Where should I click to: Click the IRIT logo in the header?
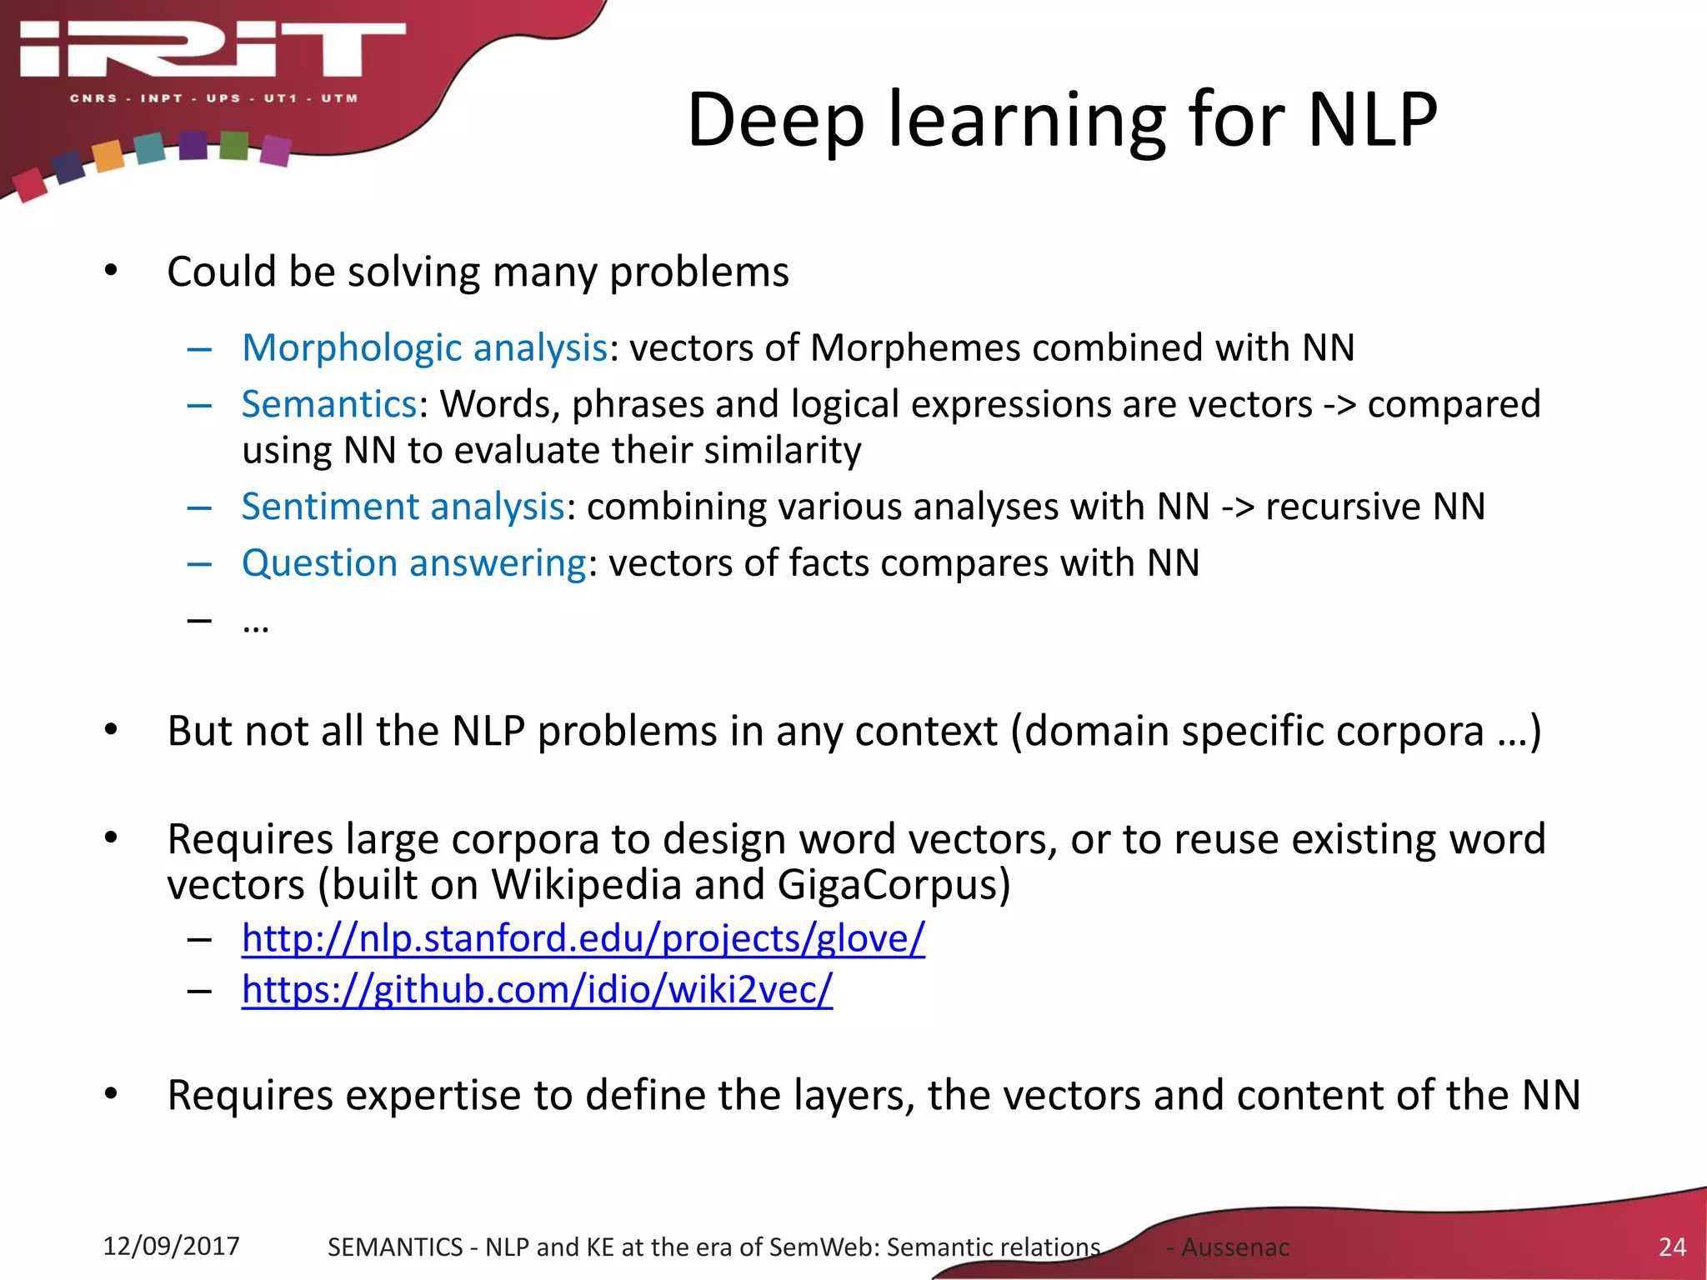click(213, 50)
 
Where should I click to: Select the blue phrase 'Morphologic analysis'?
click(424, 347)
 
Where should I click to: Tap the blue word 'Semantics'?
click(329, 404)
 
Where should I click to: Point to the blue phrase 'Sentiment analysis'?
click(403, 507)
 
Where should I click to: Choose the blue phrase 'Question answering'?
click(414, 563)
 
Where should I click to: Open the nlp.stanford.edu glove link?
click(583, 938)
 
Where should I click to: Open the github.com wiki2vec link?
click(537, 990)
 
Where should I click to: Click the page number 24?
click(1672, 1247)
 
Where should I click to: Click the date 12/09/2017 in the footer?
click(171, 1246)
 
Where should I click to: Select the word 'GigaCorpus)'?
click(894, 885)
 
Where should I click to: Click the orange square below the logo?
click(108, 156)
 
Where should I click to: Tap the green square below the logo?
click(234, 145)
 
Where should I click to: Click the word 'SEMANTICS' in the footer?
click(394, 1247)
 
